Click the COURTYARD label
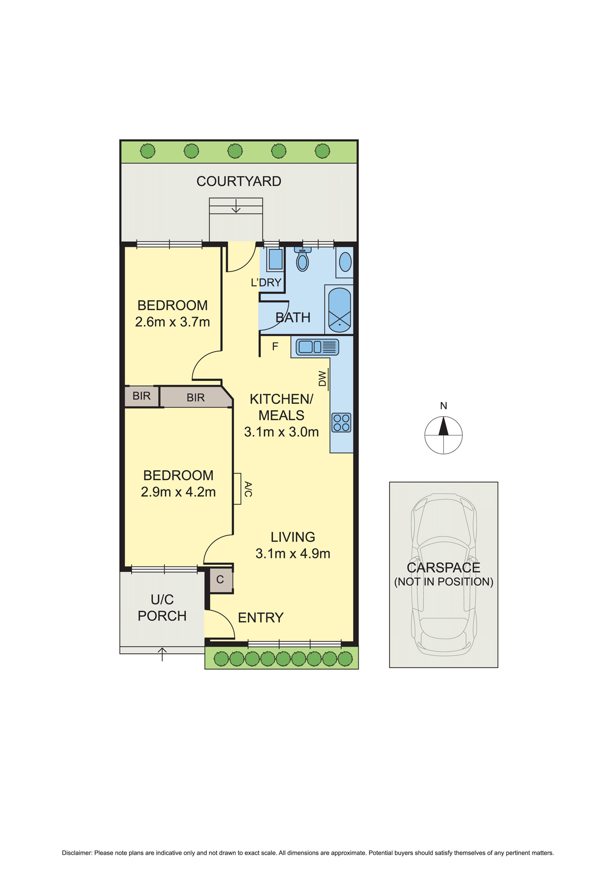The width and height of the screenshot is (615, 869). [239, 181]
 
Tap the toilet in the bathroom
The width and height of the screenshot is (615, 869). [302, 260]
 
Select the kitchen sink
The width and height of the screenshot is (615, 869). [317, 347]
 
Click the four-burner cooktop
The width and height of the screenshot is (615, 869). [341, 423]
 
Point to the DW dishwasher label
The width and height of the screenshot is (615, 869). [323, 379]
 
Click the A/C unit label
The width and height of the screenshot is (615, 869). [248, 489]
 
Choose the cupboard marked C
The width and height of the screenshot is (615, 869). [220, 580]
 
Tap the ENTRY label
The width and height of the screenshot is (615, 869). [261, 618]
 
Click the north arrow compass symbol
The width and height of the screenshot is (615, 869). [443, 435]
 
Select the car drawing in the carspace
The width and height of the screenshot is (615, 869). [443, 574]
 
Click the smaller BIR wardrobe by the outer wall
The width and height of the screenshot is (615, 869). [141, 396]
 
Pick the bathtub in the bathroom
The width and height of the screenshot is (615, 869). [339, 310]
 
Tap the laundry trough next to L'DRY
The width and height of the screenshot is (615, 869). [275, 260]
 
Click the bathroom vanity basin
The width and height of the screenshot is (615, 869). [345, 262]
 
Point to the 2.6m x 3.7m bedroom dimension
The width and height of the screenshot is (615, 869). [173, 322]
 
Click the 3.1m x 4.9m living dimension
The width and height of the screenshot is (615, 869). [293, 554]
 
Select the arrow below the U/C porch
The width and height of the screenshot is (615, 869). [162, 654]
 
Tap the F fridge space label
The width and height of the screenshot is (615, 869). [275, 347]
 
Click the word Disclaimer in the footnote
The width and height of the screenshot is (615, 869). [76, 853]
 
